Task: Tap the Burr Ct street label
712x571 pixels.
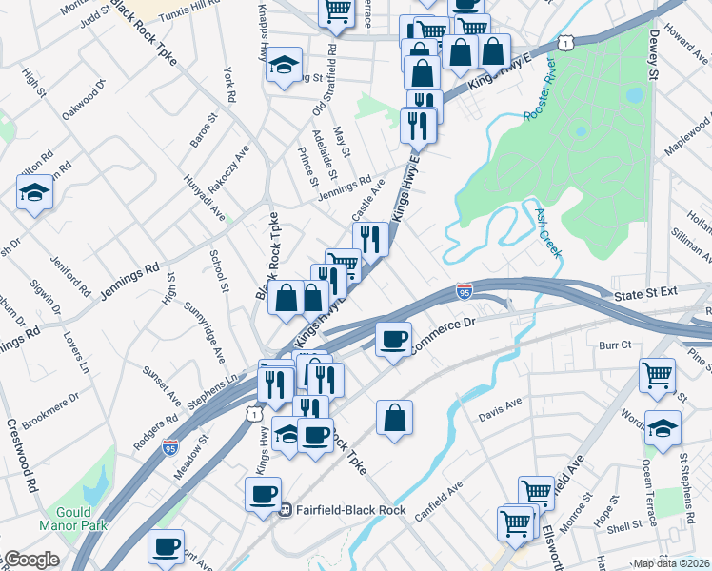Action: pos(615,345)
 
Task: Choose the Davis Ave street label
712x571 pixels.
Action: pos(501,410)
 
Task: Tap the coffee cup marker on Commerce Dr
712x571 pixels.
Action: pos(392,338)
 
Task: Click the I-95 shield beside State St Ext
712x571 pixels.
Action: pos(465,288)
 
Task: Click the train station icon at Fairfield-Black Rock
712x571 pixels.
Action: pos(284,509)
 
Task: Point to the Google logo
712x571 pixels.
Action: pos(32,560)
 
